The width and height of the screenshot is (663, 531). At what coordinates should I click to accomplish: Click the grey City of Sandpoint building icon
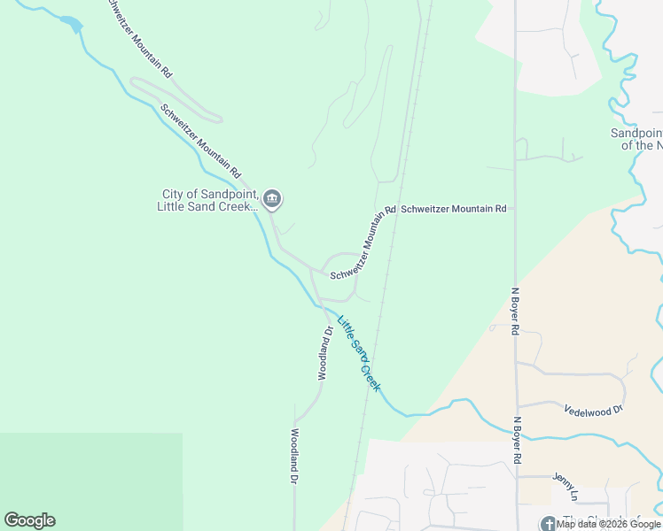click(x=273, y=199)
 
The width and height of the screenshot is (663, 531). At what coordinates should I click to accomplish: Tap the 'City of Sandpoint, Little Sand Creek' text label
click(x=208, y=201)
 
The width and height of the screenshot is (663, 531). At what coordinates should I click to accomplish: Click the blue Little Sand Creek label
click(x=358, y=355)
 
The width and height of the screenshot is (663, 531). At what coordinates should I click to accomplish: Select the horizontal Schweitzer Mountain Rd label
click(x=453, y=209)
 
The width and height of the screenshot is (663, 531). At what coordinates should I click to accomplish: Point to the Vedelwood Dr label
click(x=594, y=410)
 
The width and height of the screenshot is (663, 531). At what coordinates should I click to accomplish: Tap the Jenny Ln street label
click(x=565, y=477)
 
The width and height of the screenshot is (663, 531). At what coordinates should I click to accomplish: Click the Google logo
click(x=29, y=520)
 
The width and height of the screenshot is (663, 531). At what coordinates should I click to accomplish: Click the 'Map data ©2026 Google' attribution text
click(x=609, y=524)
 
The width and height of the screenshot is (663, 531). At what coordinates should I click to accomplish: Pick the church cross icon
click(x=549, y=523)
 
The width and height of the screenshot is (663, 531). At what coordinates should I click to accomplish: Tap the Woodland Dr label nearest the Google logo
click(x=294, y=457)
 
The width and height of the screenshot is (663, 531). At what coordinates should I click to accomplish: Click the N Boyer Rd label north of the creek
click(x=515, y=310)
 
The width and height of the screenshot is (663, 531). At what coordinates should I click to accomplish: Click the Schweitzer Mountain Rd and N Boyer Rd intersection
click(x=515, y=209)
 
